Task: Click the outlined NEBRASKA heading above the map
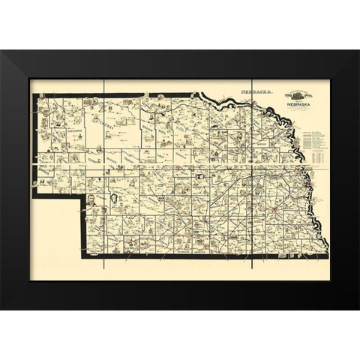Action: tap(254, 90)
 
